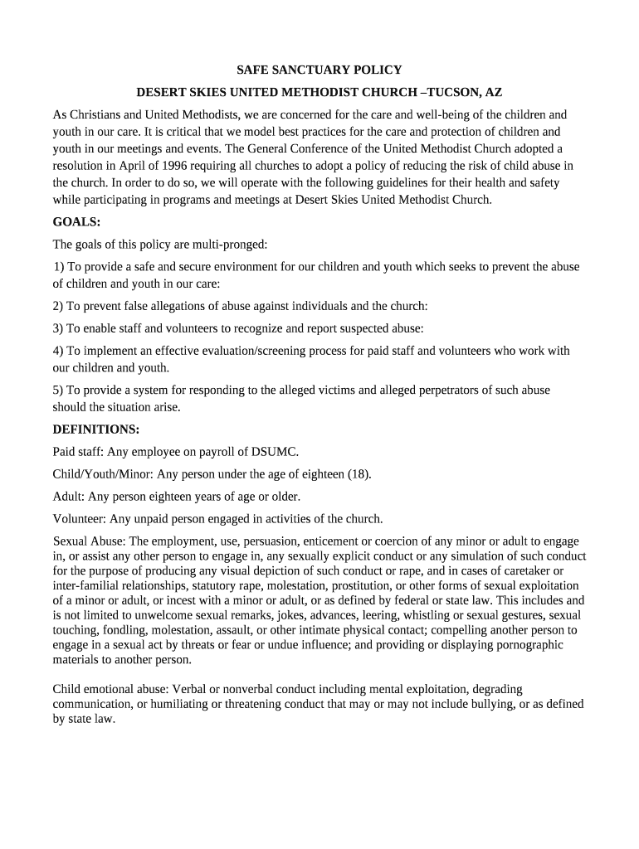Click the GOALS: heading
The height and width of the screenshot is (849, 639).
click(76, 222)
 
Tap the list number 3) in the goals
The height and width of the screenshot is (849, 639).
click(58, 328)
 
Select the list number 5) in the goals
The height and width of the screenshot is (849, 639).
click(58, 390)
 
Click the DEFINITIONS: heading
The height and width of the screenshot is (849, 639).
click(95, 429)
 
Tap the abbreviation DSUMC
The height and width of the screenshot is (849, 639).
click(274, 452)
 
